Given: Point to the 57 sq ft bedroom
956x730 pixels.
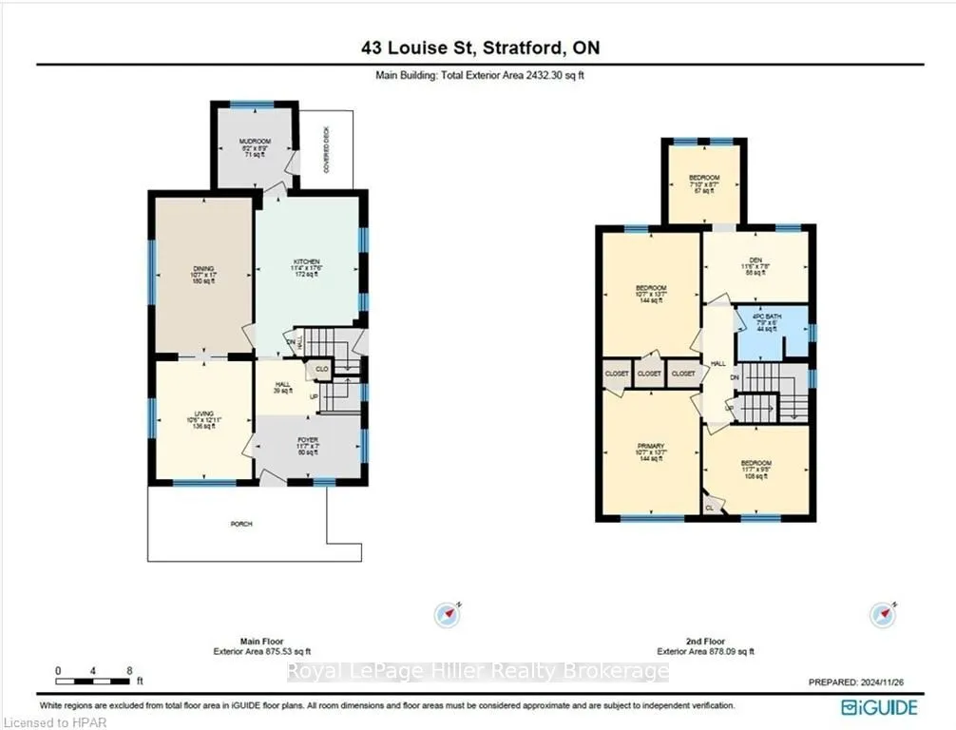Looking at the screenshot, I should [704, 184].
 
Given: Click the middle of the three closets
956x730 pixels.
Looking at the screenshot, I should [650, 375].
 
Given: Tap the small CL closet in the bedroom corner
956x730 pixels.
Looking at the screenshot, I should [710, 509].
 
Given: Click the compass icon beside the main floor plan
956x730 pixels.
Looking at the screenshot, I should [447, 614].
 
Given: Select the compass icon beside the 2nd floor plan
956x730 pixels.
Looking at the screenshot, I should [882, 614].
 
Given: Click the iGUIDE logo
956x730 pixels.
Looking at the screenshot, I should [879, 707].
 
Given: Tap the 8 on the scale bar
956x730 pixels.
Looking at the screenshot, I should [129, 670].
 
